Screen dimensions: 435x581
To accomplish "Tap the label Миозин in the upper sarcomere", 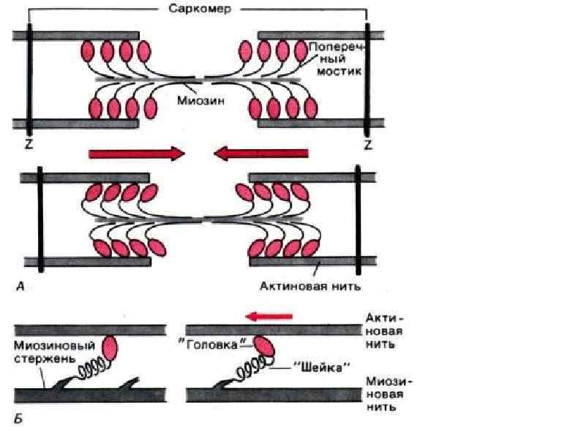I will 198,102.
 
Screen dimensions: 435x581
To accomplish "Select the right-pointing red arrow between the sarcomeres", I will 136,153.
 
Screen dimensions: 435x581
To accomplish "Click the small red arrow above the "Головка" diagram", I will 269,316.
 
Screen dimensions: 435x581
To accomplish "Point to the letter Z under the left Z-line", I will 28,145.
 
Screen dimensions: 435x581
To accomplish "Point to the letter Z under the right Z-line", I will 367,145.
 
